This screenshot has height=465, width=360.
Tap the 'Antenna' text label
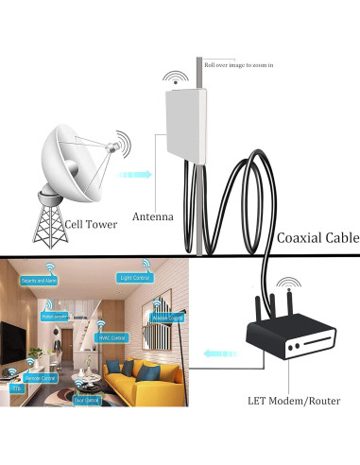click(152, 216)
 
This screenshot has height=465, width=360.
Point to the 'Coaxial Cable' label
click(317, 239)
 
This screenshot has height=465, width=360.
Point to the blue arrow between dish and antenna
click(140, 174)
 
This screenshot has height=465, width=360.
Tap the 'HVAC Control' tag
click(112, 336)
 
